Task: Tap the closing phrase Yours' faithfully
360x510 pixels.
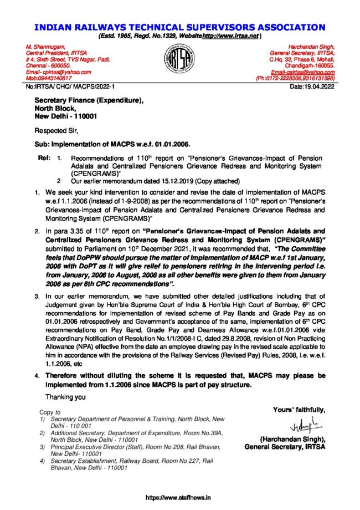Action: pos(299,410)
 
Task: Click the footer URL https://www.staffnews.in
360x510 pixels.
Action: pos(179,497)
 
